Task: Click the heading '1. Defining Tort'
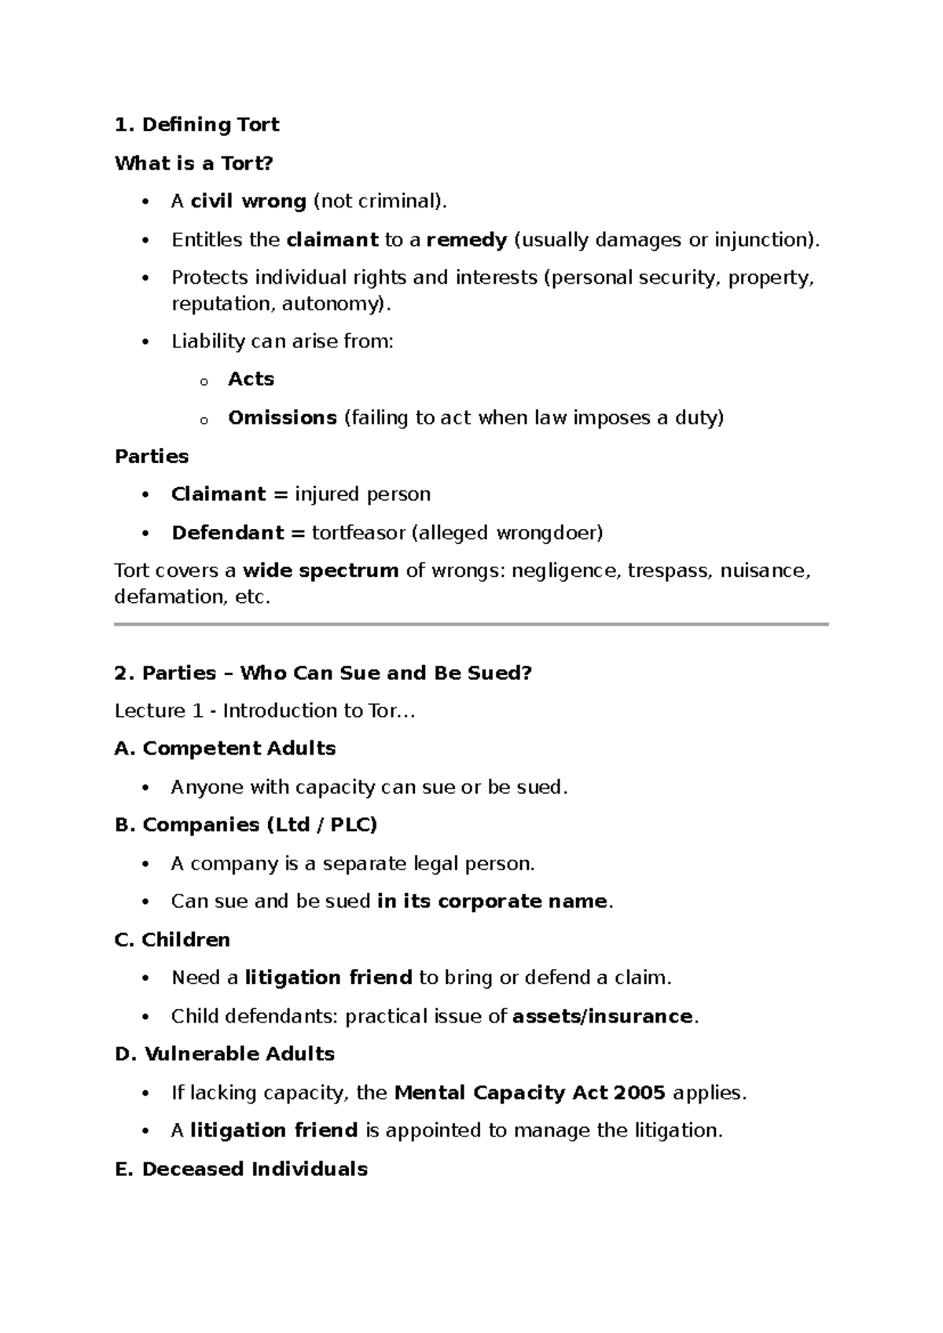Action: coord(196,125)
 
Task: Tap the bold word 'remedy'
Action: coord(467,240)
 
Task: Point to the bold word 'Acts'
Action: coord(251,379)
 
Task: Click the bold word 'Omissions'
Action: coord(282,417)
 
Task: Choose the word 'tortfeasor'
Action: coord(358,533)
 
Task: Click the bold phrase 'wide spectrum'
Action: coord(321,571)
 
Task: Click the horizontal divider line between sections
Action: coord(472,624)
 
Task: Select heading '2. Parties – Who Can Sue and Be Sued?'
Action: coord(323,673)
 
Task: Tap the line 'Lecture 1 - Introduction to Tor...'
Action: coord(264,711)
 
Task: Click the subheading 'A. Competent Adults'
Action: coord(225,748)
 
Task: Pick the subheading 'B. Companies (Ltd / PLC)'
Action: coord(246,824)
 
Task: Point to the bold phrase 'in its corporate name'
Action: coord(492,901)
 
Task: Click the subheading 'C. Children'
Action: coord(172,940)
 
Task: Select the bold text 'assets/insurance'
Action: coord(603,1016)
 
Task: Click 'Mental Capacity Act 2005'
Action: coord(530,1092)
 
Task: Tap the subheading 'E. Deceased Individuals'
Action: coord(240,1169)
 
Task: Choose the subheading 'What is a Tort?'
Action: coord(193,163)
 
